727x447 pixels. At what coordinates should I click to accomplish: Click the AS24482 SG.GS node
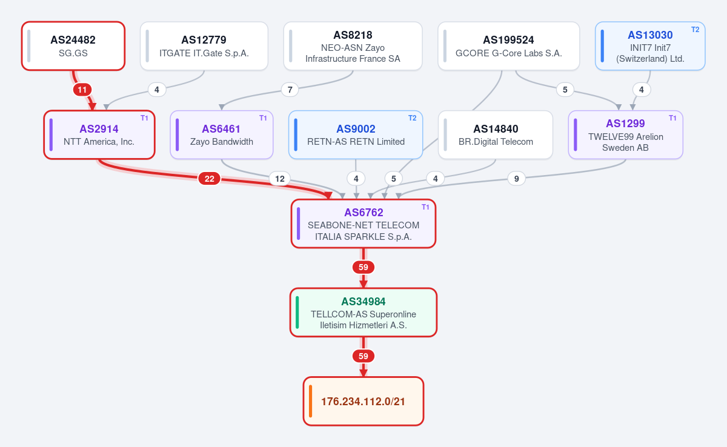pos(73,46)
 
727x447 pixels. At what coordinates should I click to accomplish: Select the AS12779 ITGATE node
pos(204,46)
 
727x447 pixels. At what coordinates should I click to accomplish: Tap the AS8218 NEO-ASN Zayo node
pos(353,46)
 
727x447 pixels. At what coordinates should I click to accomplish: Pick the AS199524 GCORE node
pos(508,46)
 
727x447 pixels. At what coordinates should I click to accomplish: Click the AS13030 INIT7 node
pos(650,46)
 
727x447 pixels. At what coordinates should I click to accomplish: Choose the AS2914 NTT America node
pos(99,135)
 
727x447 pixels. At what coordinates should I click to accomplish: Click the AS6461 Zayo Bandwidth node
pos(222,135)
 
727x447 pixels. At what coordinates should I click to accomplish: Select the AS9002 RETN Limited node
pos(356,135)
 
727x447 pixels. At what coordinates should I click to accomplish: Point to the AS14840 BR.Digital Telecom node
pos(496,135)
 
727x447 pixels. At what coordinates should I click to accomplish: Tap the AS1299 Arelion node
pos(626,135)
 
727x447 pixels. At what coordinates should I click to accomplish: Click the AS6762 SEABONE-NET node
pos(363,224)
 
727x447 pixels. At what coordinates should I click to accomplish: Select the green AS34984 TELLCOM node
pos(363,313)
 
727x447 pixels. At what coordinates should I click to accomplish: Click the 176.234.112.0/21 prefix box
pos(363,401)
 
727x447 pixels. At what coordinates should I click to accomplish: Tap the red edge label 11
pos(82,90)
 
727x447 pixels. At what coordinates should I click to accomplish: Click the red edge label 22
pos(210,179)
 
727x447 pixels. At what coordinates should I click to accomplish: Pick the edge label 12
pos(280,179)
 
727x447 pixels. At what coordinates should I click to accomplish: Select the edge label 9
pos(516,179)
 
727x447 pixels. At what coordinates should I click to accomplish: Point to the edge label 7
pos(290,90)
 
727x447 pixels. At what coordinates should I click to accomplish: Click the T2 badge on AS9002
pos(412,118)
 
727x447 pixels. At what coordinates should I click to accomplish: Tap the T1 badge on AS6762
pos(425,207)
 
